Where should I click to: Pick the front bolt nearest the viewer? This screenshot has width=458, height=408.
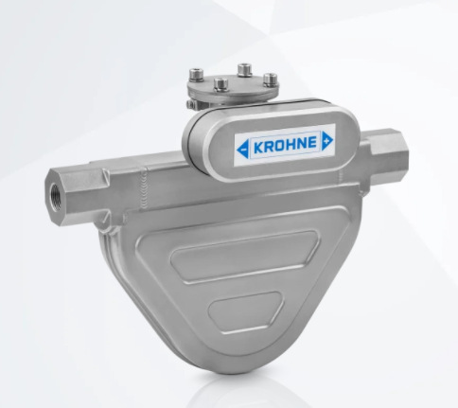click(220, 84)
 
